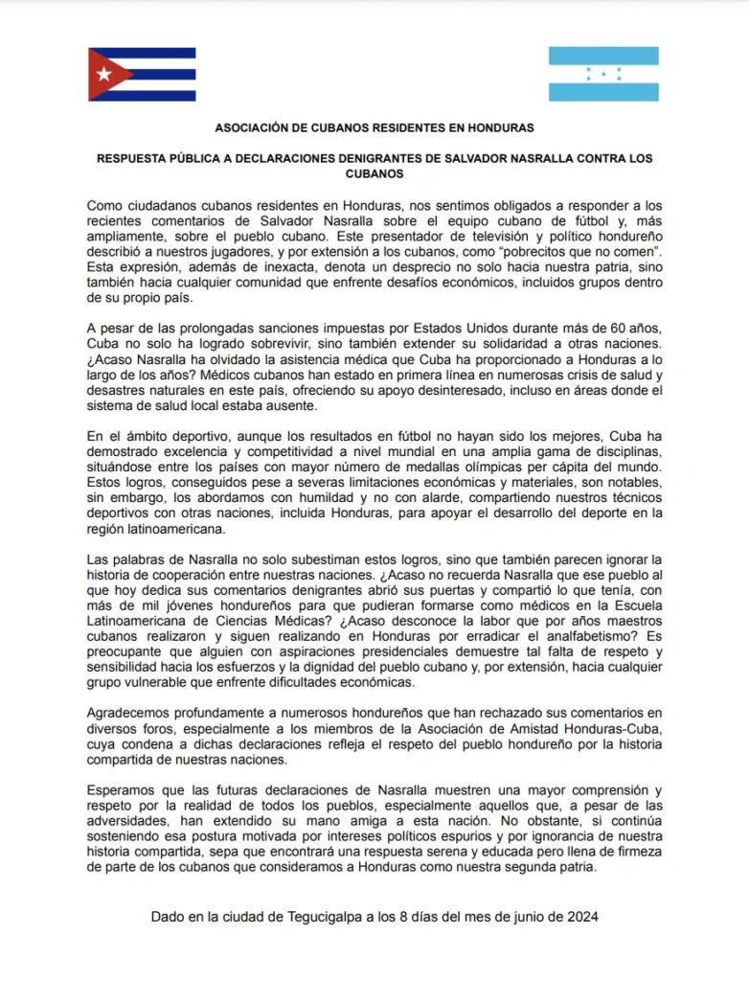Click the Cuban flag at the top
click(x=142, y=75)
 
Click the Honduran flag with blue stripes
click(x=603, y=75)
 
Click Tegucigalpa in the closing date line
click(x=325, y=917)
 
